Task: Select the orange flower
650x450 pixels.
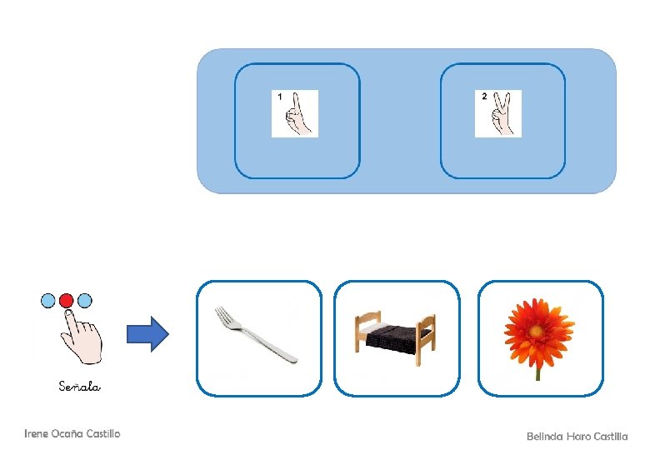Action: pyautogui.click(x=538, y=329)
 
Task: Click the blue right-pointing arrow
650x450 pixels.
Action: pyautogui.click(x=147, y=335)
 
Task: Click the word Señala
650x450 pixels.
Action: pyautogui.click(x=80, y=386)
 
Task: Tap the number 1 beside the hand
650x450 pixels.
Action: pyautogui.click(x=280, y=97)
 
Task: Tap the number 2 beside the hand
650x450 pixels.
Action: pyautogui.click(x=484, y=97)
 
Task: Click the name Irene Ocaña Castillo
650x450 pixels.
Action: pyautogui.click(x=72, y=433)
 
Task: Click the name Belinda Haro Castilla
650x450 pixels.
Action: pyautogui.click(x=577, y=436)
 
